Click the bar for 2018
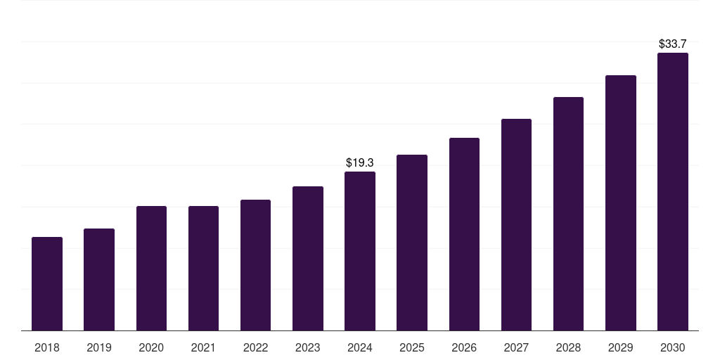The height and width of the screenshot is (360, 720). pos(47,284)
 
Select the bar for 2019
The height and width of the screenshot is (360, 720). pos(99,280)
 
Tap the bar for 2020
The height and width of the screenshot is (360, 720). pos(151,269)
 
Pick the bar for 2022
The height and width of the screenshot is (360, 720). pos(255,265)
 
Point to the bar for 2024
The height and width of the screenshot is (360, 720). pos(360,251)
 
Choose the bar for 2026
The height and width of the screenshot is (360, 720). pos(464,234)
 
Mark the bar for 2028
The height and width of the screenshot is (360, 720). pos(568,214)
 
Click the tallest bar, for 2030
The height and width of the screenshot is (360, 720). pos(672,192)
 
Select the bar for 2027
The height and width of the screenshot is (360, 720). pos(516,225)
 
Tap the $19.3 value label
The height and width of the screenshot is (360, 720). pos(360,162)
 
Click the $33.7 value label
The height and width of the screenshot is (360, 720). pos(672,44)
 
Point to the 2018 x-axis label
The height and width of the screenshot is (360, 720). pos(47,347)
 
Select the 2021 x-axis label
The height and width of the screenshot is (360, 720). pos(203,347)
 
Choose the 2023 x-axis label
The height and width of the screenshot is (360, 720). pos(307,347)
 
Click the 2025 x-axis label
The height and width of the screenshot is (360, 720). pos(412,347)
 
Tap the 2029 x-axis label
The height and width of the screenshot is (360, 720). pos(620,347)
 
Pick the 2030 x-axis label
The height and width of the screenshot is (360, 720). pos(672,347)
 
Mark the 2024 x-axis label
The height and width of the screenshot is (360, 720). pos(360,347)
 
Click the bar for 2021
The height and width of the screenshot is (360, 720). pos(203,269)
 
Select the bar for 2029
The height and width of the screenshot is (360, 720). pos(620,203)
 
